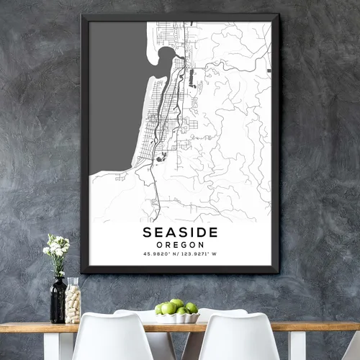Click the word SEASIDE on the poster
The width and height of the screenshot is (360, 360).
tap(180, 232)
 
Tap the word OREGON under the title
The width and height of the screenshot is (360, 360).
tap(180, 245)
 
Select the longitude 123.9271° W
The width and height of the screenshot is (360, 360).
tap(200, 255)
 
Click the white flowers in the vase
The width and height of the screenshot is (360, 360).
tap(57, 248)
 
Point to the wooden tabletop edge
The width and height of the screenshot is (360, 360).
tap(29, 327)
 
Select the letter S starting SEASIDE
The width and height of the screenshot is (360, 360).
tap(148, 232)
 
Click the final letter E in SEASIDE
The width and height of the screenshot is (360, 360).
tap(212, 232)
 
